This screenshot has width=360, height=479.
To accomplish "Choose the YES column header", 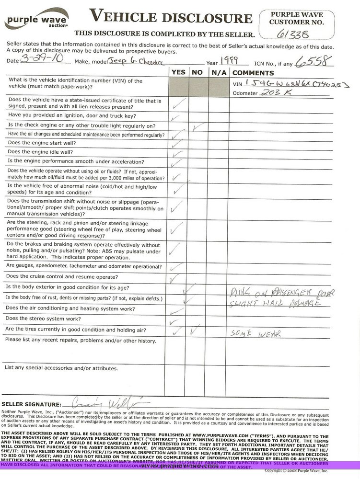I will [x=178, y=72].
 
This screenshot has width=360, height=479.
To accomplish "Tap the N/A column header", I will [x=218, y=72].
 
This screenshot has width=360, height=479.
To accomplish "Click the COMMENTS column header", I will [x=253, y=73].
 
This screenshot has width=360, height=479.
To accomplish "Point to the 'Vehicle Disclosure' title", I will [x=171, y=18].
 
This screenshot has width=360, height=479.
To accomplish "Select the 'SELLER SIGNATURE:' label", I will [x=32, y=404].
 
